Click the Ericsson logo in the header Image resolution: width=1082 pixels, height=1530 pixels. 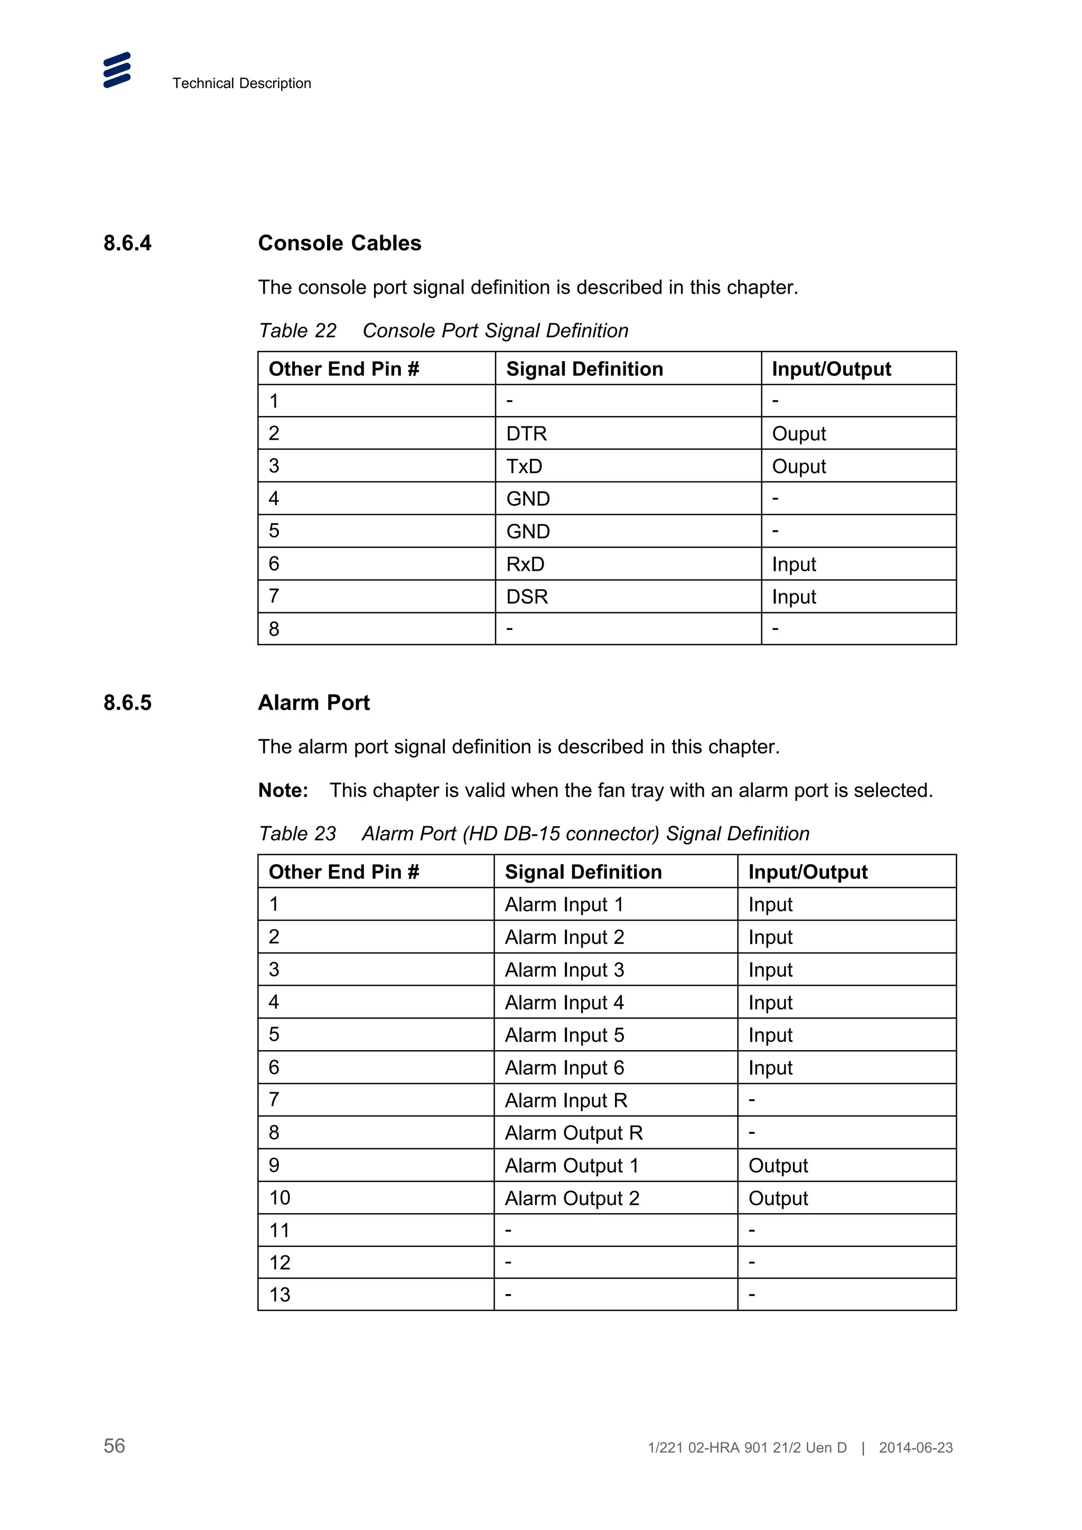tap(117, 70)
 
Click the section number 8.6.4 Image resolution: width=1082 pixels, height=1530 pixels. tap(127, 243)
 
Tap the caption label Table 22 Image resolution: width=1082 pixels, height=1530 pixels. tap(297, 330)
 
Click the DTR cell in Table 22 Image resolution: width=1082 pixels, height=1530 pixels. tap(526, 434)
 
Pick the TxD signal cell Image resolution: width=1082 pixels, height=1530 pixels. tap(524, 467)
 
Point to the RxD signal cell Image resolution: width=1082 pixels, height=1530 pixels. tap(525, 564)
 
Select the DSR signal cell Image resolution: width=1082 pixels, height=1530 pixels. tap(527, 597)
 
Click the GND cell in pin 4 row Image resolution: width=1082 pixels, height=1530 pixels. tap(528, 499)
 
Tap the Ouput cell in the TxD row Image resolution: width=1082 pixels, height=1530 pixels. tap(799, 467)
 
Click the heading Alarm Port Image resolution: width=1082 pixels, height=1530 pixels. tap(313, 703)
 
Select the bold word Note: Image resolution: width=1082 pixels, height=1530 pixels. tap(283, 790)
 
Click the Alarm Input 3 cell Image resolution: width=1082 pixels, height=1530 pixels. tap(564, 970)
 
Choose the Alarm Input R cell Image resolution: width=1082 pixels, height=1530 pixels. tap(566, 1101)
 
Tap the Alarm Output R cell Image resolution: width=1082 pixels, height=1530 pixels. tap(573, 1134)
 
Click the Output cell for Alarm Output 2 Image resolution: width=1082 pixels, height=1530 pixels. tap(778, 1199)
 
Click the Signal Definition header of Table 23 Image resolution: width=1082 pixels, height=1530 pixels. tap(583, 872)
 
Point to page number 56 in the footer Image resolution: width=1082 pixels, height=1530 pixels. tap(114, 1446)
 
